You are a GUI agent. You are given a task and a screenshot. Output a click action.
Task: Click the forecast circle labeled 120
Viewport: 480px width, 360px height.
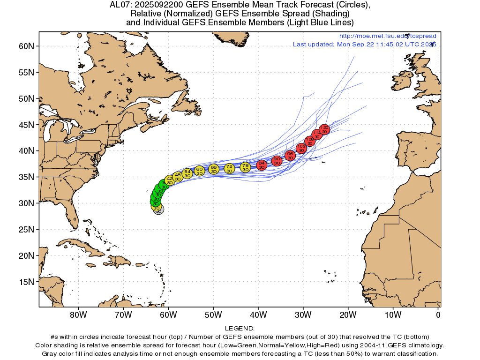(x=324, y=129)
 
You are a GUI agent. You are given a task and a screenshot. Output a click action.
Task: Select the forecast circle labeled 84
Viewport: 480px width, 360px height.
(x=262, y=165)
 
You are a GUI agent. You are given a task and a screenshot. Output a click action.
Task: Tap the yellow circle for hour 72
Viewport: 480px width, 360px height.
(x=229, y=168)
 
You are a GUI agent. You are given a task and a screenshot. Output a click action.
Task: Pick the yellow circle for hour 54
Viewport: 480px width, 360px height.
(x=187, y=173)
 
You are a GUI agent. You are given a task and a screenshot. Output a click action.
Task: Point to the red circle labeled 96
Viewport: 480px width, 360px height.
(x=290, y=156)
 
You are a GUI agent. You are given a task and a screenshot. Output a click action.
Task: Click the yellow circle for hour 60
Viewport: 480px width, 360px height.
(x=199, y=171)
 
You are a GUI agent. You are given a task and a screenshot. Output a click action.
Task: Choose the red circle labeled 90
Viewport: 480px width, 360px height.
(x=277, y=161)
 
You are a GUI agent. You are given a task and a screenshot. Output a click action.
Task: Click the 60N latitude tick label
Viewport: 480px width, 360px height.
(x=26, y=46)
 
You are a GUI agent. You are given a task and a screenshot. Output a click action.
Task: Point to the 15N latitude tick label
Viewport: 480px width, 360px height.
(x=26, y=282)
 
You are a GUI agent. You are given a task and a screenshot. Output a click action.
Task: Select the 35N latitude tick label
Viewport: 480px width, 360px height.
(x=26, y=177)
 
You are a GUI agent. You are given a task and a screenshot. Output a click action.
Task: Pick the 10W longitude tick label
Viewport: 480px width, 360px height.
(x=393, y=315)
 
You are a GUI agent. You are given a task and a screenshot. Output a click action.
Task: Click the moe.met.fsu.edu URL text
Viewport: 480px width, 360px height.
(x=388, y=36)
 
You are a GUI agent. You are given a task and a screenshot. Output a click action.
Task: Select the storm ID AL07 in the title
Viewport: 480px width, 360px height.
(x=118, y=5)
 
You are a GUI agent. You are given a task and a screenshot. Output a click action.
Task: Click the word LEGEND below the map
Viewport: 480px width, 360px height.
(x=240, y=329)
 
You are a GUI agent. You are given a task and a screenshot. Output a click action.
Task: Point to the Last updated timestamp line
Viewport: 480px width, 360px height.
(x=364, y=45)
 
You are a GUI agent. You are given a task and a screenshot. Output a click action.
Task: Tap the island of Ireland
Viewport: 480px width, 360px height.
(x=402, y=80)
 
